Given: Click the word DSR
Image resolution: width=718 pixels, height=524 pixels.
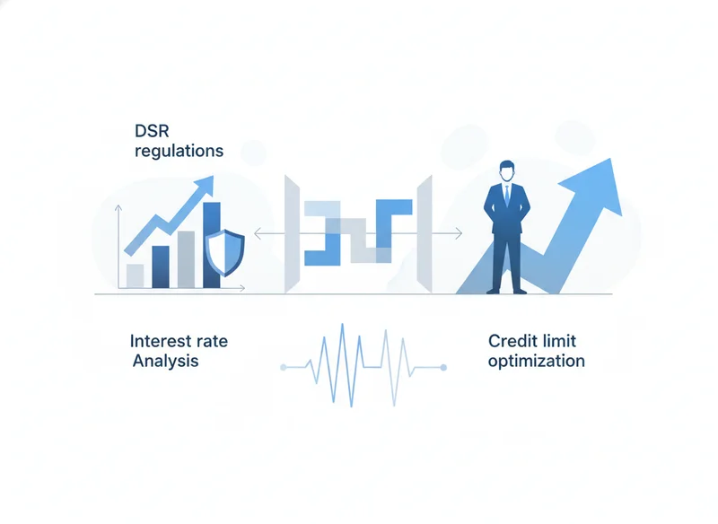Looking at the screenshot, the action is point(152,131).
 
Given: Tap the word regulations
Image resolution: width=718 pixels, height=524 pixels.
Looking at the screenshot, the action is point(179,151).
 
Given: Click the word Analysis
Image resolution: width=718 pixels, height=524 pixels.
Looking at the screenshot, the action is point(166,361).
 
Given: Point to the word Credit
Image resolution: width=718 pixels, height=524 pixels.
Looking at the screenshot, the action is point(512,341).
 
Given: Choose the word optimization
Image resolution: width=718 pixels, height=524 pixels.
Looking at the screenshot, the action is point(536,361).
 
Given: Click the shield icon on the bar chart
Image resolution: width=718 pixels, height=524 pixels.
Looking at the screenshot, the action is point(225,253).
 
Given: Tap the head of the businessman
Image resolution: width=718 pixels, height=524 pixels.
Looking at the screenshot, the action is point(507,171).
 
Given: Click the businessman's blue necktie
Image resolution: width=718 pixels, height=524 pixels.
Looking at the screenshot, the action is point(507,196).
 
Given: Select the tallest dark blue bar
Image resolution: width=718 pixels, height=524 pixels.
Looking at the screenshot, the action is point(212,245).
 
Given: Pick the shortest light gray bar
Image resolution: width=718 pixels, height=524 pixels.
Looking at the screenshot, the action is point(136,276).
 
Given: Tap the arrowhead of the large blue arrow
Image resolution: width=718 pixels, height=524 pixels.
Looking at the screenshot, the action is point(595,186).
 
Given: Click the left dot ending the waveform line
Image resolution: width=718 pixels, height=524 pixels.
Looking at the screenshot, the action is point(283,368).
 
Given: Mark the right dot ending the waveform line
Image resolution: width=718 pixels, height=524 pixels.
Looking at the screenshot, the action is point(443,368).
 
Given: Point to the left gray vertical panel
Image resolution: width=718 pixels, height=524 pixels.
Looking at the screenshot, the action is point(293,234).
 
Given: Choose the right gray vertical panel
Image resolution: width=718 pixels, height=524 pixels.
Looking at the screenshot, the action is point(424,234).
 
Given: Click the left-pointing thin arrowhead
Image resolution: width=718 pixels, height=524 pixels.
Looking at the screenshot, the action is point(258,234).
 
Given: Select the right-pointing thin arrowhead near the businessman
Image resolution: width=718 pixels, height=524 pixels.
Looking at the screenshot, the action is point(459,234).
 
